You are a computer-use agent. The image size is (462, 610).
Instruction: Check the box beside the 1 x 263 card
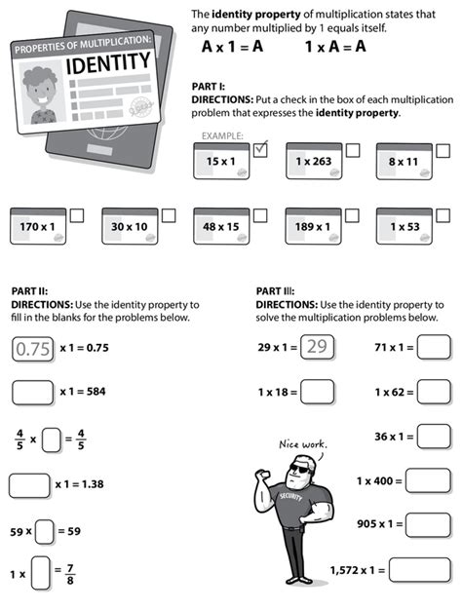pos(352,150)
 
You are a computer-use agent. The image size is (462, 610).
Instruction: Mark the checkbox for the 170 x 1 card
pos(76,214)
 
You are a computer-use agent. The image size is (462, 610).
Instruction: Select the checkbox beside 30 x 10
pos(168,214)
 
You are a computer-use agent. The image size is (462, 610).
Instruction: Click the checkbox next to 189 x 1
pos(352,214)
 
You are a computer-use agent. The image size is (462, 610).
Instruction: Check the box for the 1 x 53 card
pos(442,214)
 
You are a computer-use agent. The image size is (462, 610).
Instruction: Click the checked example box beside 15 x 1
pos(260,150)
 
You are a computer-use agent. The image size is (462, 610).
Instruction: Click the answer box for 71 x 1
pos(434,347)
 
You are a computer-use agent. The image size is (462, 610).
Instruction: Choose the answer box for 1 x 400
pos(428,480)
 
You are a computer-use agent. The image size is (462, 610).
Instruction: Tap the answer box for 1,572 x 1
pos(420,569)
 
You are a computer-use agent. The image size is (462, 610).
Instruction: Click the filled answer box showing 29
pos(316,347)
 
